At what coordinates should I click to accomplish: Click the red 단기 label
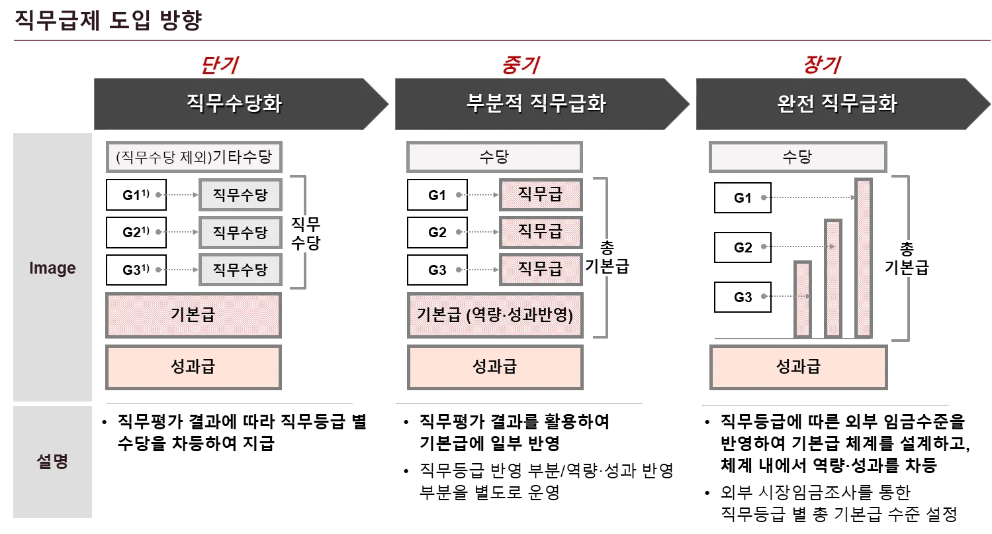[x=218, y=65]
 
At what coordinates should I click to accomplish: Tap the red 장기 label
[x=821, y=65]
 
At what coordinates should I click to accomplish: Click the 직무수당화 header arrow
[x=235, y=104]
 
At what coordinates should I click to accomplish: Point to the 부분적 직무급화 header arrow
[x=536, y=104]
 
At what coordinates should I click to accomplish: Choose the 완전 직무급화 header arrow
[x=837, y=104]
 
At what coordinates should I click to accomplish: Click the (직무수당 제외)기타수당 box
[x=193, y=158]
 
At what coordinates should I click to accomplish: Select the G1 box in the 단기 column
[x=136, y=195]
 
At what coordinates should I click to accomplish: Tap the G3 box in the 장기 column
[x=743, y=297]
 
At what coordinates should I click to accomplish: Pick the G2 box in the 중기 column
[x=437, y=233]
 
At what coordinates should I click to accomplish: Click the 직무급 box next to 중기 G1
[x=540, y=195]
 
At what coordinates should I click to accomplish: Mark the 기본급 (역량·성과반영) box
[x=495, y=314]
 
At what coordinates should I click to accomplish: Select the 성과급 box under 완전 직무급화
[x=798, y=367]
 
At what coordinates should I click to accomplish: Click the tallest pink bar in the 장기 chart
[x=863, y=257]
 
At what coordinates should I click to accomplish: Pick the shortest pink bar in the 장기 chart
[x=803, y=299]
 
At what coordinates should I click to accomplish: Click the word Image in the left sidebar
[x=52, y=268]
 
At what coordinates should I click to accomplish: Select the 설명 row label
[x=52, y=462]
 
